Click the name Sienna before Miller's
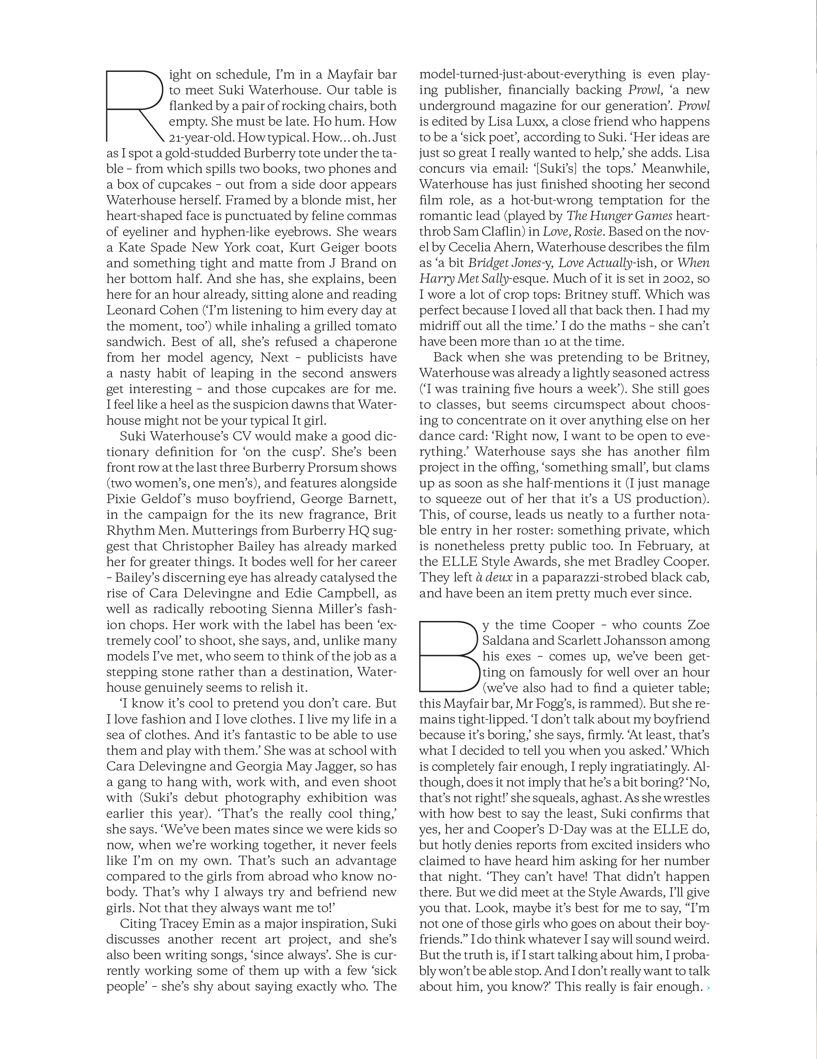pos(288,609)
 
